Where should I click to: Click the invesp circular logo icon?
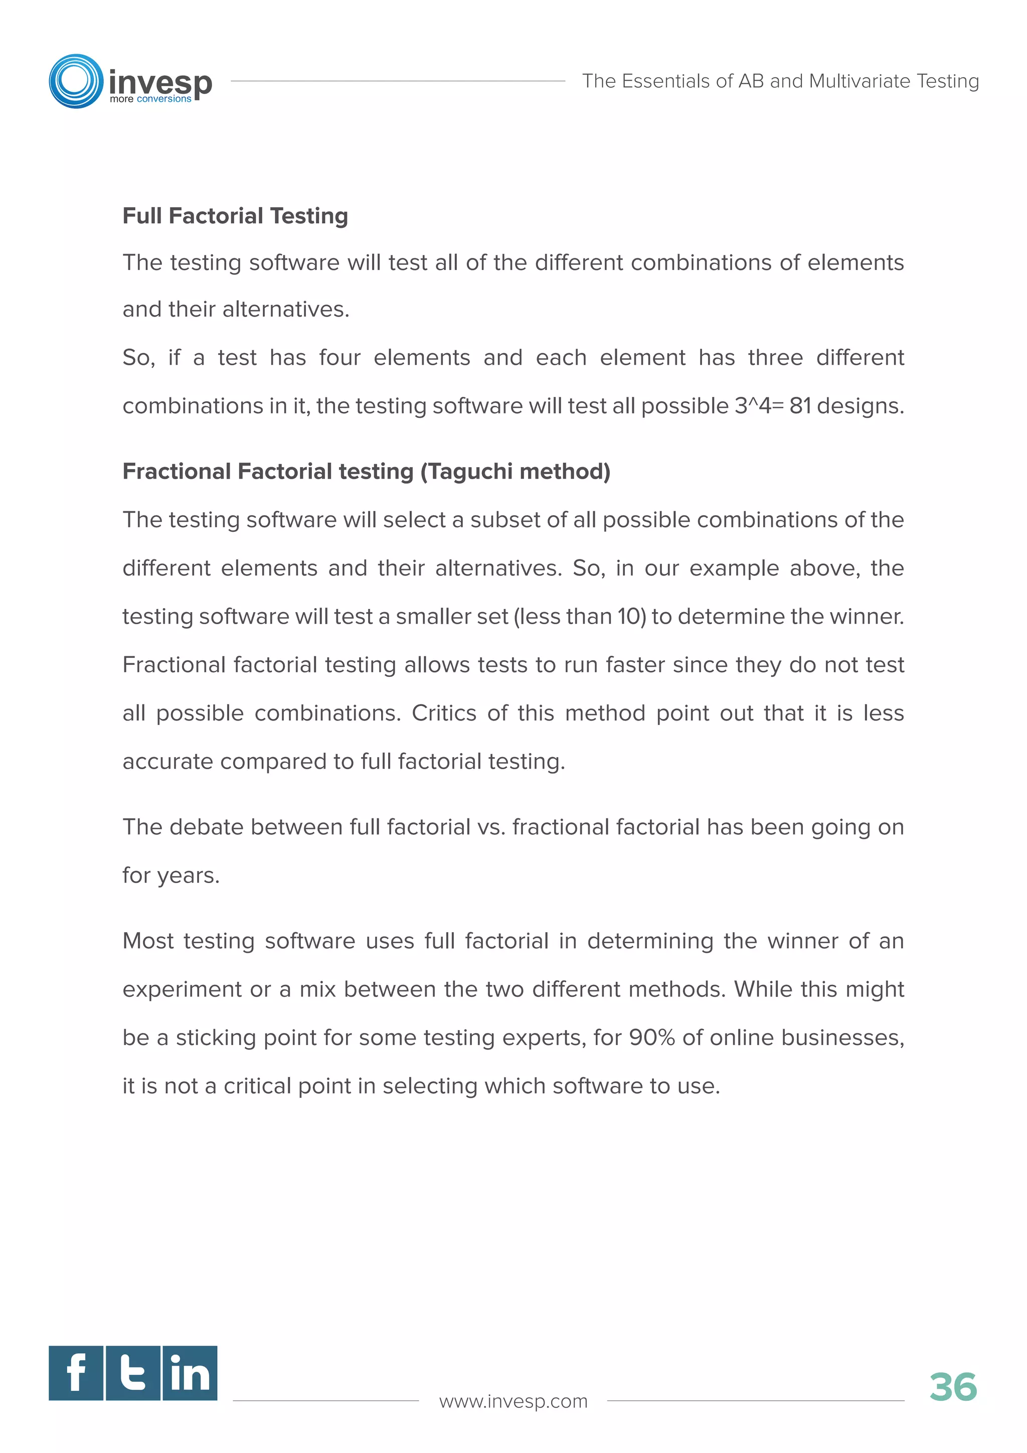tap(76, 81)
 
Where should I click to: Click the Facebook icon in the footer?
tap(76, 1373)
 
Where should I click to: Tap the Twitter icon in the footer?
tap(133, 1373)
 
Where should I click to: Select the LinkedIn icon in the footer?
tap(190, 1373)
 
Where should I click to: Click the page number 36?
tap(952, 1387)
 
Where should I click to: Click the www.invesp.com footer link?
tap(513, 1401)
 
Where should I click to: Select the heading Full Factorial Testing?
tap(235, 216)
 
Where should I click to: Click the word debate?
tap(207, 827)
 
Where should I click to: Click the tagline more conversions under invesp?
tap(150, 99)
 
